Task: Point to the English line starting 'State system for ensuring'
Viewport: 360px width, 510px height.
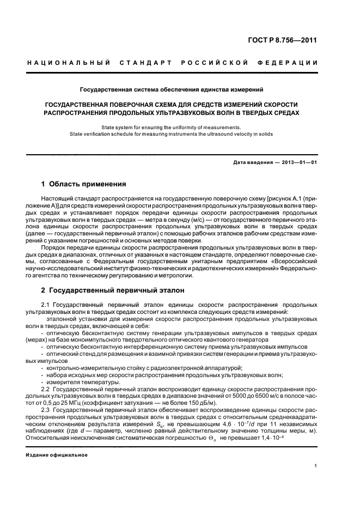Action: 172,127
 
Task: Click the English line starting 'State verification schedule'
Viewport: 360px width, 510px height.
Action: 172,133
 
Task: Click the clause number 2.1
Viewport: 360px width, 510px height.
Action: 46,305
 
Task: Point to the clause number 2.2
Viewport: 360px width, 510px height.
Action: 46,390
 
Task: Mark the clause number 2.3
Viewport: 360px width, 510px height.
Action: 46,409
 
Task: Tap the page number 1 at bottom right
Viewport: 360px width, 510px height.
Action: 316,466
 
